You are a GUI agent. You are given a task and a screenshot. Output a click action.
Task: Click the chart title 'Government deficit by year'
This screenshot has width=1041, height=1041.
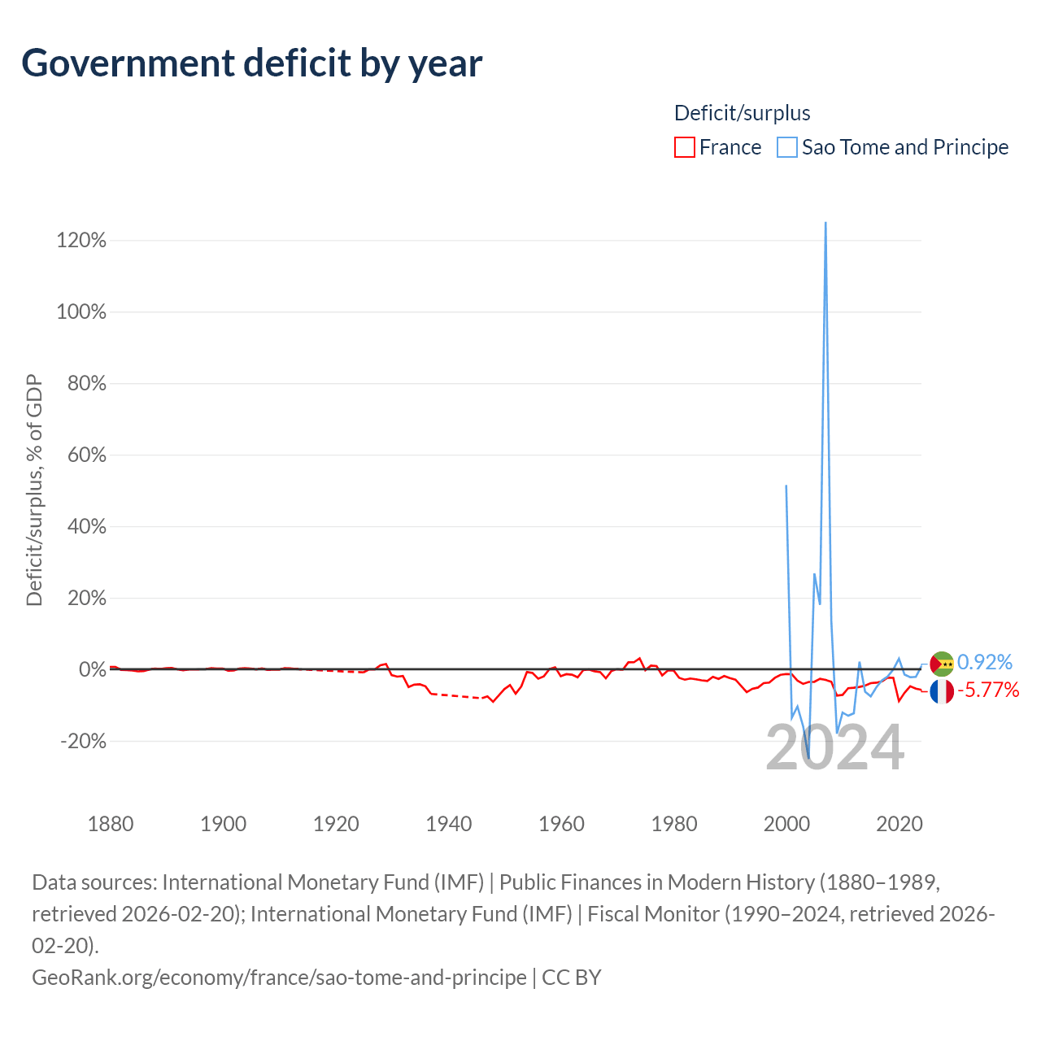pyautogui.click(x=252, y=63)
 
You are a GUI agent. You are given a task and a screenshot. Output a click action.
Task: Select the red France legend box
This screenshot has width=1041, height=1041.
pyautogui.click(x=685, y=147)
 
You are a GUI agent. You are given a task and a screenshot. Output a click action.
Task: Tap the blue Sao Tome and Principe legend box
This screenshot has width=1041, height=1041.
pyautogui.click(x=786, y=147)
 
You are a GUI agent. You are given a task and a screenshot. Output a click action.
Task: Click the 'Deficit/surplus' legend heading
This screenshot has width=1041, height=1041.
pyautogui.click(x=743, y=113)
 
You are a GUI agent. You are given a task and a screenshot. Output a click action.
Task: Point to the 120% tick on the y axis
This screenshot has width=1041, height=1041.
pyautogui.click(x=81, y=241)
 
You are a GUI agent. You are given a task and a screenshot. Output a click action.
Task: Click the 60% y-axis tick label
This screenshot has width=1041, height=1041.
pyautogui.click(x=86, y=455)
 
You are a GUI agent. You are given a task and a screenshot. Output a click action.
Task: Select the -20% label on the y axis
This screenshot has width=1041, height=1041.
pyautogui.click(x=83, y=741)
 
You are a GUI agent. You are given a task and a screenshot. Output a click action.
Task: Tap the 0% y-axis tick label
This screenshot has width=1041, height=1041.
pyautogui.click(x=93, y=669)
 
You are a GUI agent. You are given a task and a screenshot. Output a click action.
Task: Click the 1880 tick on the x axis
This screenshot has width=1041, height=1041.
pyautogui.click(x=111, y=824)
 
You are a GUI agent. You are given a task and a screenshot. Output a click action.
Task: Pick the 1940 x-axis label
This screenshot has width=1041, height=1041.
pyautogui.click(x=449, y=824)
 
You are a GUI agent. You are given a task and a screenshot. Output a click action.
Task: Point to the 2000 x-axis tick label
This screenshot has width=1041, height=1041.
pyautogui.click(x=786, y=824)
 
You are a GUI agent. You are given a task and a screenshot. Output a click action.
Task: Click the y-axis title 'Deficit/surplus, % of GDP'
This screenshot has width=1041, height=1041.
pyautogui.click(x=35, y=490)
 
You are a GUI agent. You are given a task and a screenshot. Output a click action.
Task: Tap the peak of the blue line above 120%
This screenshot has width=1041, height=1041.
pyautogui.click(x=825, y=223)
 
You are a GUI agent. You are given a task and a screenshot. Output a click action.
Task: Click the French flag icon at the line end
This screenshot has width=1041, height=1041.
pyautogui.click(x=942, y=692)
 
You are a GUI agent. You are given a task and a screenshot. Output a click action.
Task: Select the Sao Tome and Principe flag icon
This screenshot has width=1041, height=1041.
pyautogui.click(x=942, y=664)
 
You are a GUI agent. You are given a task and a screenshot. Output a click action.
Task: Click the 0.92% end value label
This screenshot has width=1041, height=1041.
pyautogui.click(x=984, y=662)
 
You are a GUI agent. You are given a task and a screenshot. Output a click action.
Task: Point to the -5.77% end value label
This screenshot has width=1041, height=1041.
pyautogui.click(x=988, y=690)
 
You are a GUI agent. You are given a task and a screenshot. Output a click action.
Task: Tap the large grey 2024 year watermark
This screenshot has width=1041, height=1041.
pyautogui.click(x=835, y=748)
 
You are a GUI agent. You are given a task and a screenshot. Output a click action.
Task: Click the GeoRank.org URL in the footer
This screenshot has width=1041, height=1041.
pyautogui.click(x=279, y=978)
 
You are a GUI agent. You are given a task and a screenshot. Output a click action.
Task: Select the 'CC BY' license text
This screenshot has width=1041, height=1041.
pyautogui.click(x=572, y=978)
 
